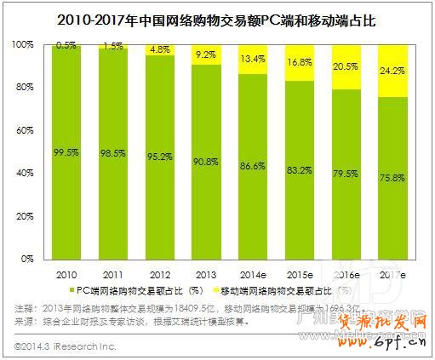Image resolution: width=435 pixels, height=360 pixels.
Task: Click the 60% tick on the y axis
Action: pyautogui.click(x=28, y=129)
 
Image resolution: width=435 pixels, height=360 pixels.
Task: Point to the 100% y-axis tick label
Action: pyautogui.click(x=26, y=43)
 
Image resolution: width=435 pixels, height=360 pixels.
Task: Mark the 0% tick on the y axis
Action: pyautogui.click(x=30, y=258)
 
